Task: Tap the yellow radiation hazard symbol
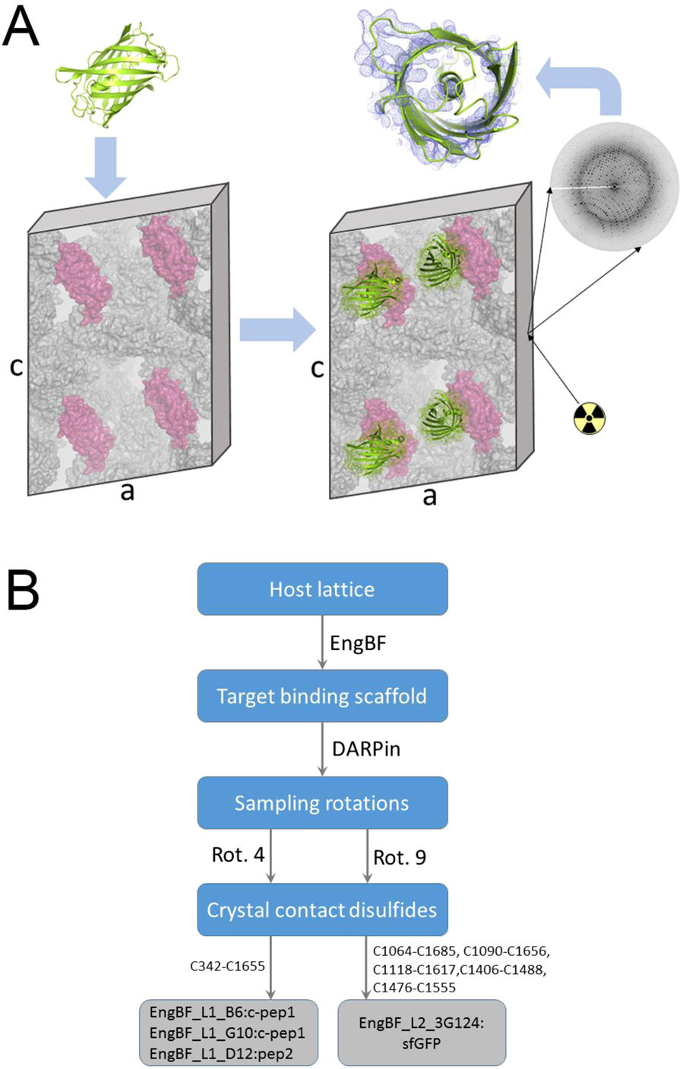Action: coord(590,418)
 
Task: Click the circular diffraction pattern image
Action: coord(615,186)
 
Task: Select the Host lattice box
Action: coord(322,589)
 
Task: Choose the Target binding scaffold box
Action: coord(322,696)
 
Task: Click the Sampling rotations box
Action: coord(322,803)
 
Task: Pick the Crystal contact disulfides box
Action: coord(322,910)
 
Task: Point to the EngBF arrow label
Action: coord(357,642)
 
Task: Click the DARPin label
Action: coord(366,749)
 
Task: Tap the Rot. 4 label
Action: coord(238,856)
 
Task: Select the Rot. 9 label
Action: coord(400,857)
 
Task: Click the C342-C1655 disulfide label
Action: coord(227,967)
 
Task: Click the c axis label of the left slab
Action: coord(16,367)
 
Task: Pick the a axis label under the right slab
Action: coord(429,497)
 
